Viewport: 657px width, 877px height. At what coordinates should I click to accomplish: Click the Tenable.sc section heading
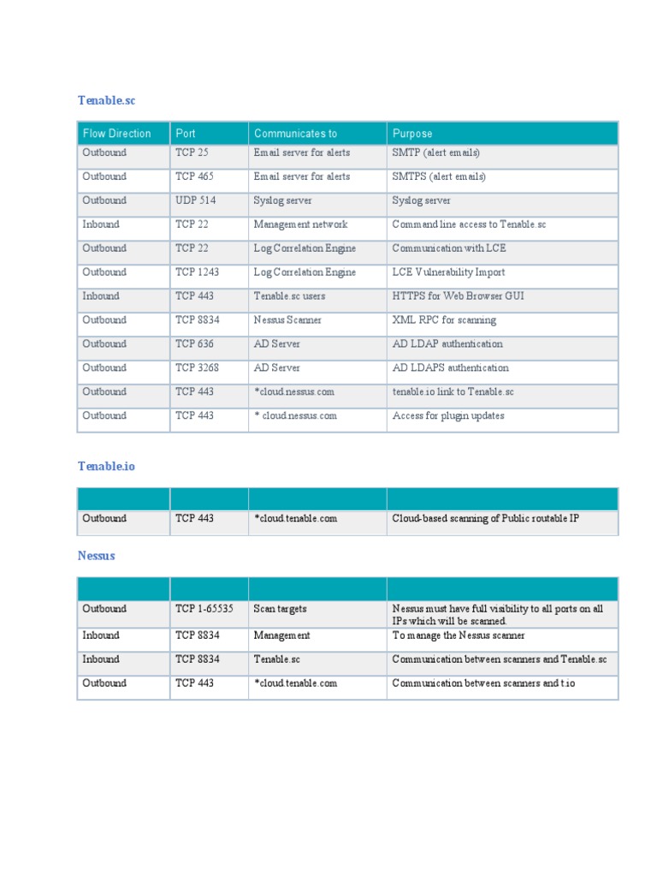[106, 100]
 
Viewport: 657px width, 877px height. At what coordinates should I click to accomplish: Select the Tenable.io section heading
[106, 466]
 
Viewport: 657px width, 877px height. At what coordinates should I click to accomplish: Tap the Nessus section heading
[96, 555]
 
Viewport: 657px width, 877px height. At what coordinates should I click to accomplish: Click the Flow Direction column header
[116, 134]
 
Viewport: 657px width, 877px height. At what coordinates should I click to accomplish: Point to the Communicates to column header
[295, 134]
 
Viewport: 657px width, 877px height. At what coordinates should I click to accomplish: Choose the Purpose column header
[412, 134]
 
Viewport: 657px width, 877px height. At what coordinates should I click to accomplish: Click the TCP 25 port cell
[192, 152]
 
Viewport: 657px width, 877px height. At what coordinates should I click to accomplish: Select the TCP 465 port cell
[194, 176]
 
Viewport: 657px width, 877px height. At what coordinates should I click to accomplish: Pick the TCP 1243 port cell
[198, 272]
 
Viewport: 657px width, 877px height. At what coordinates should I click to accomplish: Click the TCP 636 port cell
[194, 344]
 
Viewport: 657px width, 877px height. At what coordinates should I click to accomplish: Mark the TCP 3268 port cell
[198, 368]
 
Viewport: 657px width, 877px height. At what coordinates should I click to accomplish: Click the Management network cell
[300, 224]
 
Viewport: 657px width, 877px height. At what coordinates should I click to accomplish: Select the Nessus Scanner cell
[287, 320]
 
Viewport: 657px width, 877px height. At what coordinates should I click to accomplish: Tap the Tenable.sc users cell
[289, 296]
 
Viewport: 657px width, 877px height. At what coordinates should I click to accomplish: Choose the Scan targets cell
[280, 609]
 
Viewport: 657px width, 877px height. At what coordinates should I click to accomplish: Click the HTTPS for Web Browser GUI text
[458, 296]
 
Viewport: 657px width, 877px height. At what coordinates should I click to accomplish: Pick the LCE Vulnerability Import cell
[448, 272]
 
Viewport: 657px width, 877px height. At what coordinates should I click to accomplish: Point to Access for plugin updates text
[448, 416]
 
